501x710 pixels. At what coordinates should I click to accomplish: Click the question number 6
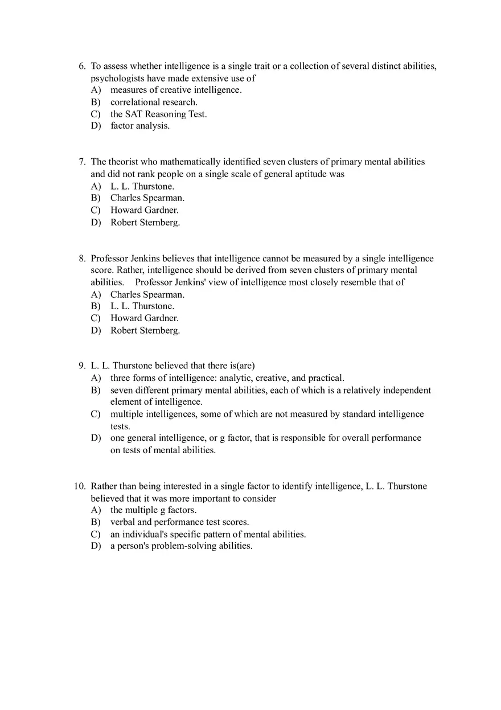pyautogui.click(x=82, y=67)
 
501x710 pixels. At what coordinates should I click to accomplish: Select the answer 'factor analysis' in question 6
pyautogui.click(x=140, y=126)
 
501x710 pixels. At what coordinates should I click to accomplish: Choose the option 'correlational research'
pyautogui.click(x=154, y=102)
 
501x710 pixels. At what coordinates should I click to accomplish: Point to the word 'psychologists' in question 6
pyautogui.click(x=117, y=79)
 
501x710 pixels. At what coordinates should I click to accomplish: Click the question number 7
pyautogui.click(x=82, y=162)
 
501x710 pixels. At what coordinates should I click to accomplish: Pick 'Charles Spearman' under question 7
pyautogui.click(x=147, y=198)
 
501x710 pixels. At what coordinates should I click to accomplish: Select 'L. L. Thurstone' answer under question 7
pyautogui.click(x=142, y=186)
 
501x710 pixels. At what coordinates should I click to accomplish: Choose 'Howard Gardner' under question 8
pyautogui.click(x=145, y=318)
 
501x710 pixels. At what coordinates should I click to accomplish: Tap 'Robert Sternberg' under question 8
pyautogui.click(x=145, y=330)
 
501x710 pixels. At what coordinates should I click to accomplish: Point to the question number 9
pyautogui.click(x=82, y=366)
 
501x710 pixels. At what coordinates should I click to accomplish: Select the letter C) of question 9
pyautogui.click(x=96, y=414)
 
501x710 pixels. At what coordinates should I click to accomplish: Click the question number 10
pyautogui.click(x=80, y=487)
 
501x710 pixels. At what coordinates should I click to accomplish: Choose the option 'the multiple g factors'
pyautogui.click(x=153, y=510)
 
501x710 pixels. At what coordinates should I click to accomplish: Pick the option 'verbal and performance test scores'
pyautogui.click(x=179, y=522)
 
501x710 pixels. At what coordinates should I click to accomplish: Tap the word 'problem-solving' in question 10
pyautogui.click(x=184, y=546)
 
